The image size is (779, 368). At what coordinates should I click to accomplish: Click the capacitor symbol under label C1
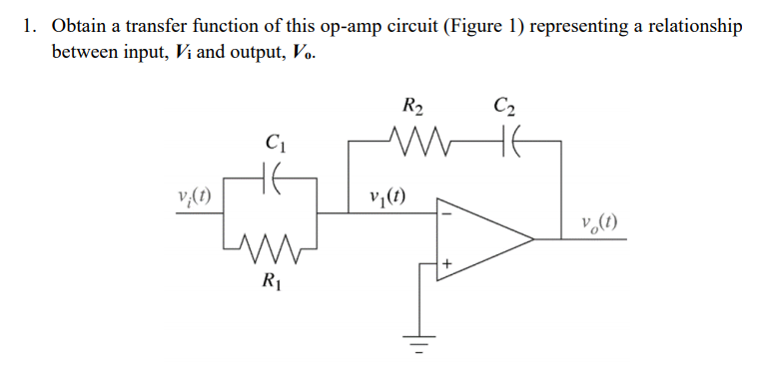tap(268, 182)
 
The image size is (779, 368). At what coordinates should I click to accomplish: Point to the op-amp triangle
tap(479, 239)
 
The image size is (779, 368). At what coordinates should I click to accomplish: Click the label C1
tap(268, 143)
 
